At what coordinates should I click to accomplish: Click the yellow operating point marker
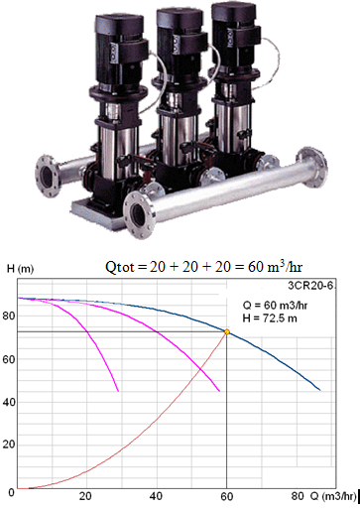click(x=227, y=331)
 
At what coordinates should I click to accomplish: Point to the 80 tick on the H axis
click(x=9, y=316)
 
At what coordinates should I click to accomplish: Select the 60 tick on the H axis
click(x=9, y=359)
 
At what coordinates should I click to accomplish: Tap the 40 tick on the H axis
click(x=9, y=402)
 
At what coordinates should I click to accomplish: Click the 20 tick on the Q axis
click(x=85, y=496)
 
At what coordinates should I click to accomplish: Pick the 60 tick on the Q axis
click(x=227, y=496)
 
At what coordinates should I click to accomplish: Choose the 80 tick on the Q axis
click(x=298, y=496)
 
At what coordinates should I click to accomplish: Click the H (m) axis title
click(x=20, y=270)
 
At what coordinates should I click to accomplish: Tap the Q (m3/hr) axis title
click(x=333, y=496)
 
